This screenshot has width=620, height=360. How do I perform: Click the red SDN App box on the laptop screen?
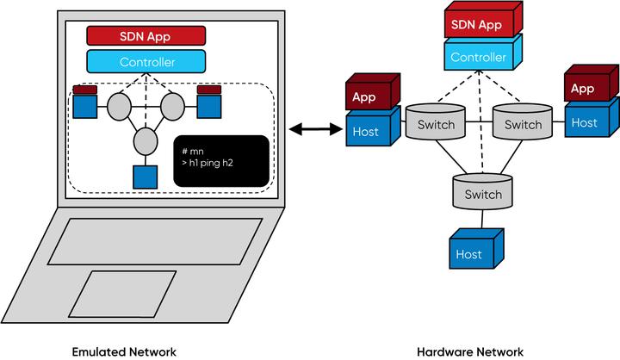[x=146, y=36]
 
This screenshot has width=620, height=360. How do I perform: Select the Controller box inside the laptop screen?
[x=146, y=62]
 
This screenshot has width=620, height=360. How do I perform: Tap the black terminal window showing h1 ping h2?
[x=221, y=161]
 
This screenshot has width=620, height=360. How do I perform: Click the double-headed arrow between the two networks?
[x=315, y=128]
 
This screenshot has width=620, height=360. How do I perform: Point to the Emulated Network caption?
[x=124, y=351]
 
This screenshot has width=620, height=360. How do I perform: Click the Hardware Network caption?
[x=470, y=351]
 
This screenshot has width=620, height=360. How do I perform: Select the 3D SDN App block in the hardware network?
[x=483, y=20]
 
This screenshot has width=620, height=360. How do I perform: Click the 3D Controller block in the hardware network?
[x=483, y=53]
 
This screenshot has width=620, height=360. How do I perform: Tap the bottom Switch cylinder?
[x=482, y=192]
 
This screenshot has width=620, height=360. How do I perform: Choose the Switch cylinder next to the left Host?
[x=436, y=121]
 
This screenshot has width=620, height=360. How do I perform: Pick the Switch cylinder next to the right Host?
[x=523, y=121]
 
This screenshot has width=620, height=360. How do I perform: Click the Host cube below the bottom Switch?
[x=476, y=249]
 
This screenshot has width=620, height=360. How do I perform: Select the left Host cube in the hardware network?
[x=373, y=127]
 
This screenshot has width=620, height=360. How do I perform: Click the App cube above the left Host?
[x=373, y=92]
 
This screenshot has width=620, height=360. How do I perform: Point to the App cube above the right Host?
[x=592, y=83]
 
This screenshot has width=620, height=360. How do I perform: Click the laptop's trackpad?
[x=122, y=294]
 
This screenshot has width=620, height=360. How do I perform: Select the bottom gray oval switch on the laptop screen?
[x=146, y=141]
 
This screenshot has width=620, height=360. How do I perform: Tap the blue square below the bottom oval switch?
[x=146, y=177]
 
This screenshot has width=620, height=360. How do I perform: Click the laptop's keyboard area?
[x=155, y=241]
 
